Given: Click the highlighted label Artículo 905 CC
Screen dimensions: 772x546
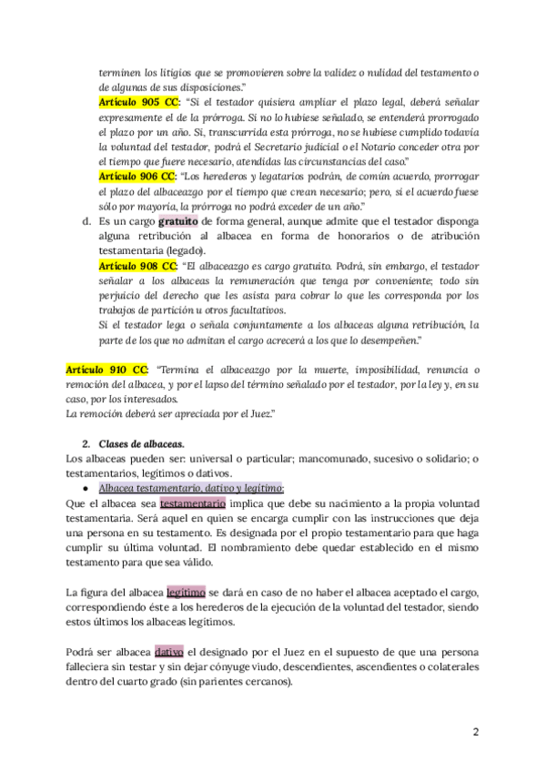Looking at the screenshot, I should click(x=137, y=104).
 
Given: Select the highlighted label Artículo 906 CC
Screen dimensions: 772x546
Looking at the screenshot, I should click(x=137, y=174).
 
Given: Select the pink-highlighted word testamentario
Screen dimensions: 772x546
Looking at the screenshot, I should click(x=192, y=503).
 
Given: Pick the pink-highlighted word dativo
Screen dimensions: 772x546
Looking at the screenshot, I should click(x=169, y=652).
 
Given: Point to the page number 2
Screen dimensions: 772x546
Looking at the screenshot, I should click(x=476, y=733).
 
